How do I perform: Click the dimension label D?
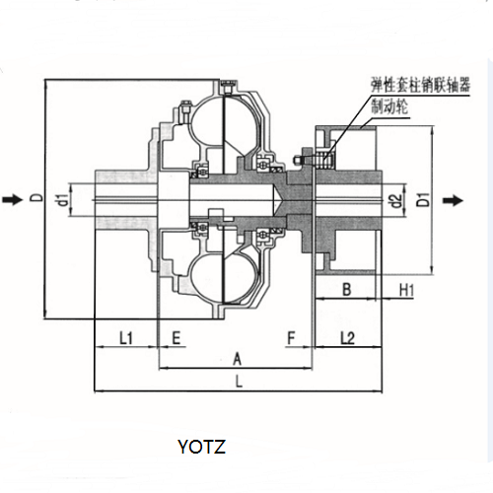[x=38, y=197]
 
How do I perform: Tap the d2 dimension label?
[x=396, y=201]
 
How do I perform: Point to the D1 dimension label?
[x=424, y=199]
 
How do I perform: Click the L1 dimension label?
[x=125, y=337]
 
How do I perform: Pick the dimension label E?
[x=176, y=337]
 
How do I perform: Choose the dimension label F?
[x=292, y=337]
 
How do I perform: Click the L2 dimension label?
[x=348, y=337]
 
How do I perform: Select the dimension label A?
[x=237, y=359]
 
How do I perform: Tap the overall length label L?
[x=239, y=382]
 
